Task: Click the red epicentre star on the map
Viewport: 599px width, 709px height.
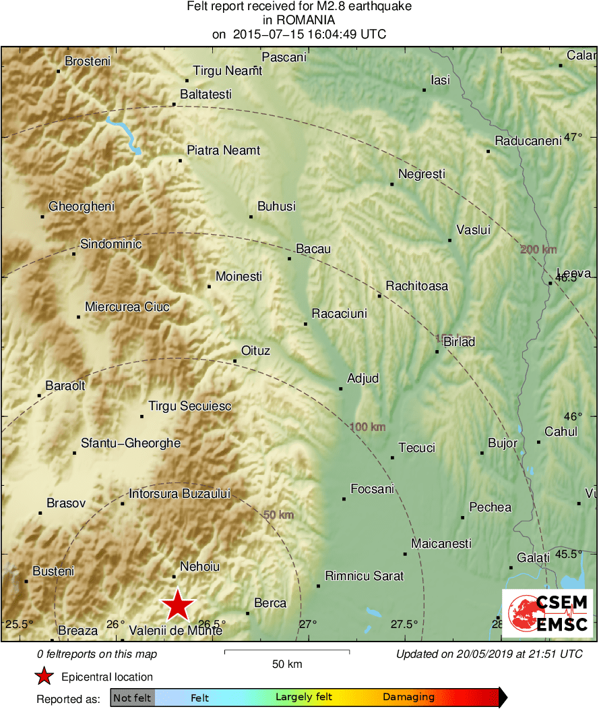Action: (177, 604)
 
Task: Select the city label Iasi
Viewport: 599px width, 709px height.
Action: (440, 80)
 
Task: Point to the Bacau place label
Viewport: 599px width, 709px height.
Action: (313, 249)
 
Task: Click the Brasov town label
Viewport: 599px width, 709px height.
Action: (66, 503)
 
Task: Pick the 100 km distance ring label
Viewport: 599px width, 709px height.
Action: (368, 427)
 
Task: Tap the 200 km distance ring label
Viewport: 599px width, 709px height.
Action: (538, 250)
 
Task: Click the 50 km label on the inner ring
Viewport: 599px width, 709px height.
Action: (278, 515)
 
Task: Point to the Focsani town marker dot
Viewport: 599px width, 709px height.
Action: (344, 499)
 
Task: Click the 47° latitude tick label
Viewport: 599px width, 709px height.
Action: (573, 138)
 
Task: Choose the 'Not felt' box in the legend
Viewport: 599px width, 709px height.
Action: (132, 698)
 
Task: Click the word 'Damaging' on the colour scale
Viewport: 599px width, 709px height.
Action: (408, 698)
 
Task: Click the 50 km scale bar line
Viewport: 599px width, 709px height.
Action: (286, 651)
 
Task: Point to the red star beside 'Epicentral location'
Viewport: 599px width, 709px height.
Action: (44, 677)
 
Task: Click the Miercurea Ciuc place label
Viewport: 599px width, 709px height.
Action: (127, 307)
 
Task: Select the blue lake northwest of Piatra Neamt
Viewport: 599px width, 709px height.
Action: (125, 134)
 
